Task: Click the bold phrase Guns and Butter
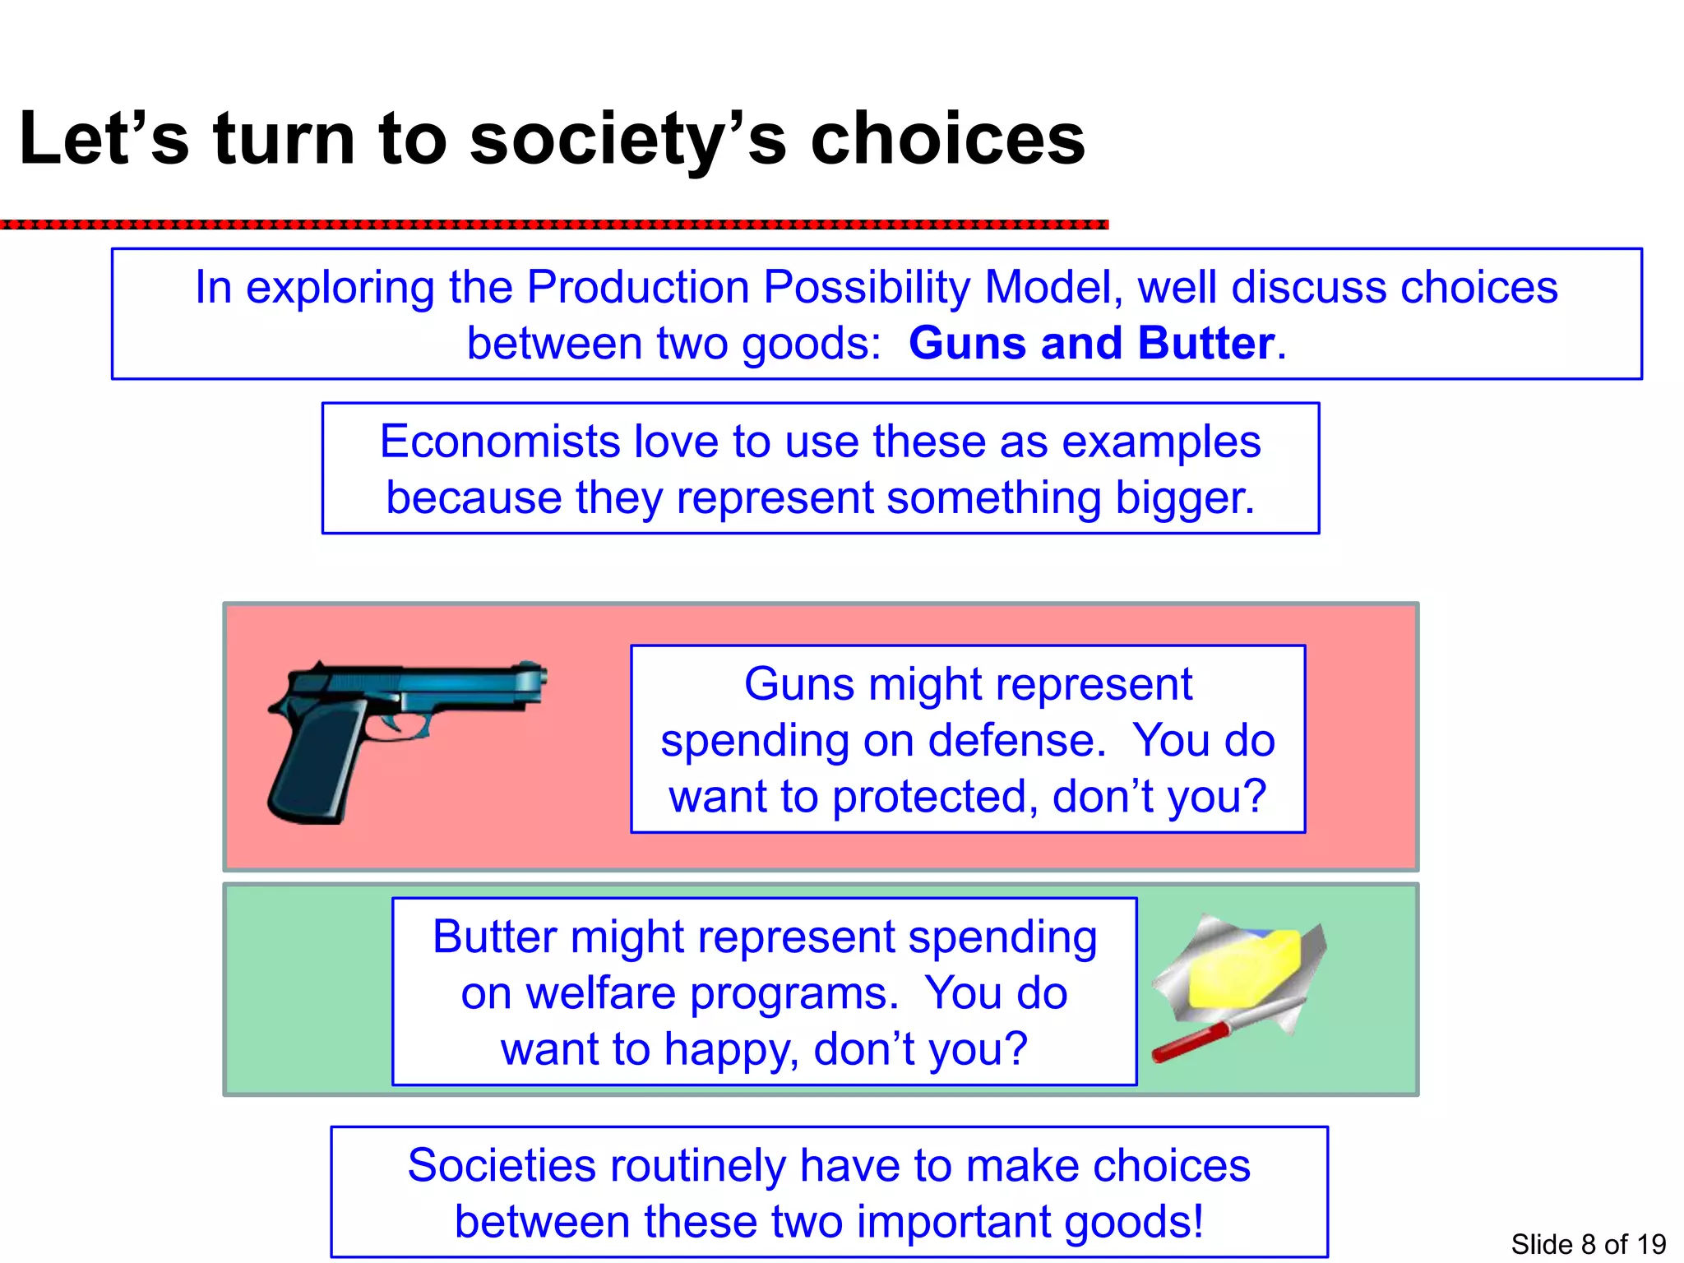(x=1092, y=343)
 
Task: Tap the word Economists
(x=500, y=442)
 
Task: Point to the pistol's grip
(x=317, y=765)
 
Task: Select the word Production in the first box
(x=637, y=288)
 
